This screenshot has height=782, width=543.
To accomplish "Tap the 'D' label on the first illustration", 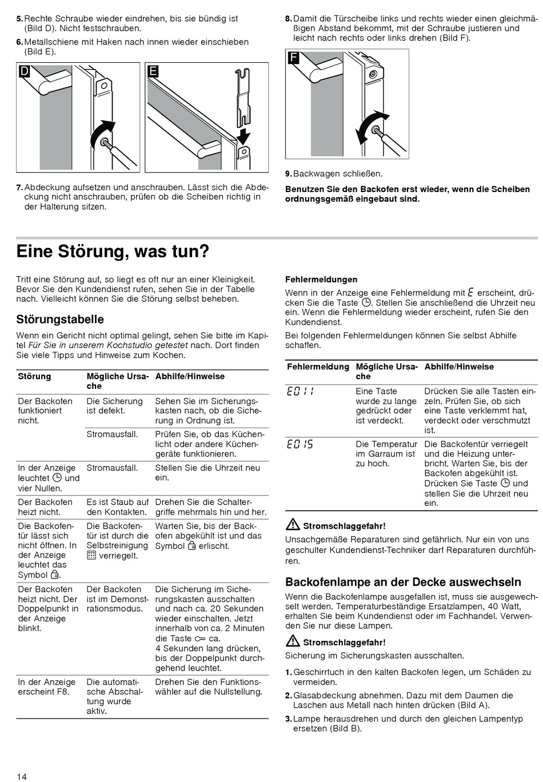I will [25, 71].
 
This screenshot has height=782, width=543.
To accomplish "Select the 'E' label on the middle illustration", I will [153, 71].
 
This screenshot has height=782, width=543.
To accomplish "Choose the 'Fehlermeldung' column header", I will [318, 366].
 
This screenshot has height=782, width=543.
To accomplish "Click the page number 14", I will [22, 776].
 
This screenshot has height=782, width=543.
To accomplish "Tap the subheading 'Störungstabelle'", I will [60, 319].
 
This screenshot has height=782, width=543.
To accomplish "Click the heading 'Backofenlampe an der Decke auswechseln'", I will [403, 582].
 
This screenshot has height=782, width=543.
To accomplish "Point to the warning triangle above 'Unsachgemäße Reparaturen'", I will [293, 525].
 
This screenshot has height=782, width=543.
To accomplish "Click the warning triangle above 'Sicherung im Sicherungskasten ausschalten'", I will [293, 641].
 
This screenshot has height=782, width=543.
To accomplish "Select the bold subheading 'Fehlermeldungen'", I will [321, 280].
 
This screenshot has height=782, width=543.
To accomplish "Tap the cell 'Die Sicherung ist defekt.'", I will [114, 406].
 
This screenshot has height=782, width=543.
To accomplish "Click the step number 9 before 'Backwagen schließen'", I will [288, 174].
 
